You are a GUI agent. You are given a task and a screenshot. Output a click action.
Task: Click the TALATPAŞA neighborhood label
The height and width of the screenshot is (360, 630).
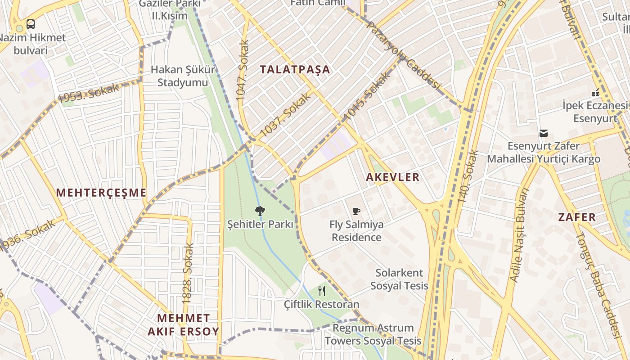295,69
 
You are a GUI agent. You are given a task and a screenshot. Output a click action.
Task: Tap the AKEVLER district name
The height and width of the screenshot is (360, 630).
392,177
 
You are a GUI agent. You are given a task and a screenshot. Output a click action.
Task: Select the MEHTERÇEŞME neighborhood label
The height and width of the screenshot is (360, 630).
101,193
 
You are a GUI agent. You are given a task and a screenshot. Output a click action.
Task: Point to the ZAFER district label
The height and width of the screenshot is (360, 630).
577,217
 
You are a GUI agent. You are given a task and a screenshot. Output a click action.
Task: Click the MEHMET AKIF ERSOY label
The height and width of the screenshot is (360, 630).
183,325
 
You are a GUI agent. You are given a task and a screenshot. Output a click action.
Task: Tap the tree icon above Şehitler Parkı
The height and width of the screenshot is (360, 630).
260,210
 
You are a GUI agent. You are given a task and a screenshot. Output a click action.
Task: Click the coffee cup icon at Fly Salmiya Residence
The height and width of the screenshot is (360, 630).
356,211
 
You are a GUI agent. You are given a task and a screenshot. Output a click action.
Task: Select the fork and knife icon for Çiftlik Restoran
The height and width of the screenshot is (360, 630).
321,291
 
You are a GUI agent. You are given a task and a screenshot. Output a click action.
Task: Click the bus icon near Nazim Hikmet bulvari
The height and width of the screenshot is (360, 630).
31,24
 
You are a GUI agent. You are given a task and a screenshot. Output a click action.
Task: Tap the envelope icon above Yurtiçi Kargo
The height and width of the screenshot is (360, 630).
544,133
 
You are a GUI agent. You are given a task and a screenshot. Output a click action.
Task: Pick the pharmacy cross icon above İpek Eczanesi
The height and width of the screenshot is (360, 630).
595,93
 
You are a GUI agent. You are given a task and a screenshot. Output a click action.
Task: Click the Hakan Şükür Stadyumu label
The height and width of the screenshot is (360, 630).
183,76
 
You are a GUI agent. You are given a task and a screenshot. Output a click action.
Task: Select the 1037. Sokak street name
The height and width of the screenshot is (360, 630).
286,115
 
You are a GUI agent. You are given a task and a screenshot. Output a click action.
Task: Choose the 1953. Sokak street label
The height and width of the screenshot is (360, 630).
88,93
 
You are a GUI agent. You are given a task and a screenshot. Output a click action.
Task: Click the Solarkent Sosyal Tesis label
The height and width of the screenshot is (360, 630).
399,279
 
